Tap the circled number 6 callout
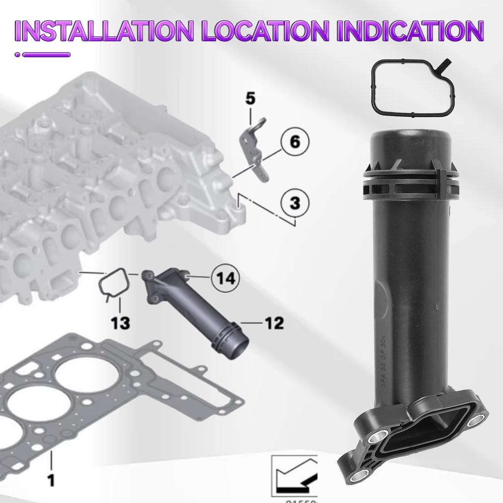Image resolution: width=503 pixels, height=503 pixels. [x=295, y=142]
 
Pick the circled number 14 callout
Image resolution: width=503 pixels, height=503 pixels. [x=225, y=279]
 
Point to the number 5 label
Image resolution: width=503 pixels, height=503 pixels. [x=251, y=99]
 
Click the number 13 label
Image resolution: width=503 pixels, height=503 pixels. [x=120, y=323]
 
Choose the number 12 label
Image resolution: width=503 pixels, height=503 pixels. [x=274, y=323]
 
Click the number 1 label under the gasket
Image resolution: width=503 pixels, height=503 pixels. [x=51, y=479]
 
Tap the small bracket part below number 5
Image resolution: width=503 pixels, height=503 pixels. [x=256, y=152]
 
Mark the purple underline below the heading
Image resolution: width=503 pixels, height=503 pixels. [x=46, y=55]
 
